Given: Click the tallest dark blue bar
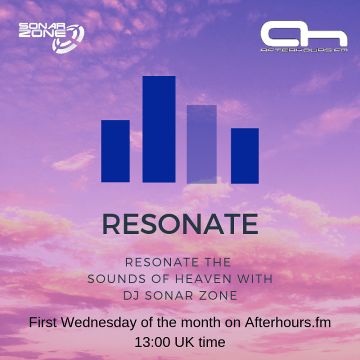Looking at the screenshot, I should (x=158, y=129).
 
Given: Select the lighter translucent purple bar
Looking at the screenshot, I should (x=201, y=144).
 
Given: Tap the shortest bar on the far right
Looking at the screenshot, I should (x=244, y=155).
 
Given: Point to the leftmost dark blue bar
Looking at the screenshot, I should (x=115, y=151).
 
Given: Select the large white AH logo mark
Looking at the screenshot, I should (x=304, y=34).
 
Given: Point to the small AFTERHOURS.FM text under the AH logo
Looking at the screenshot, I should (x=304, y=50).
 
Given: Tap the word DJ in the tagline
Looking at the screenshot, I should (x=130, y=295).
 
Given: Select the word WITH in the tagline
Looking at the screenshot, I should (x=257, y=278).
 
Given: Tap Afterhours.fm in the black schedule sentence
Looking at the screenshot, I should (x=287, y=322).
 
